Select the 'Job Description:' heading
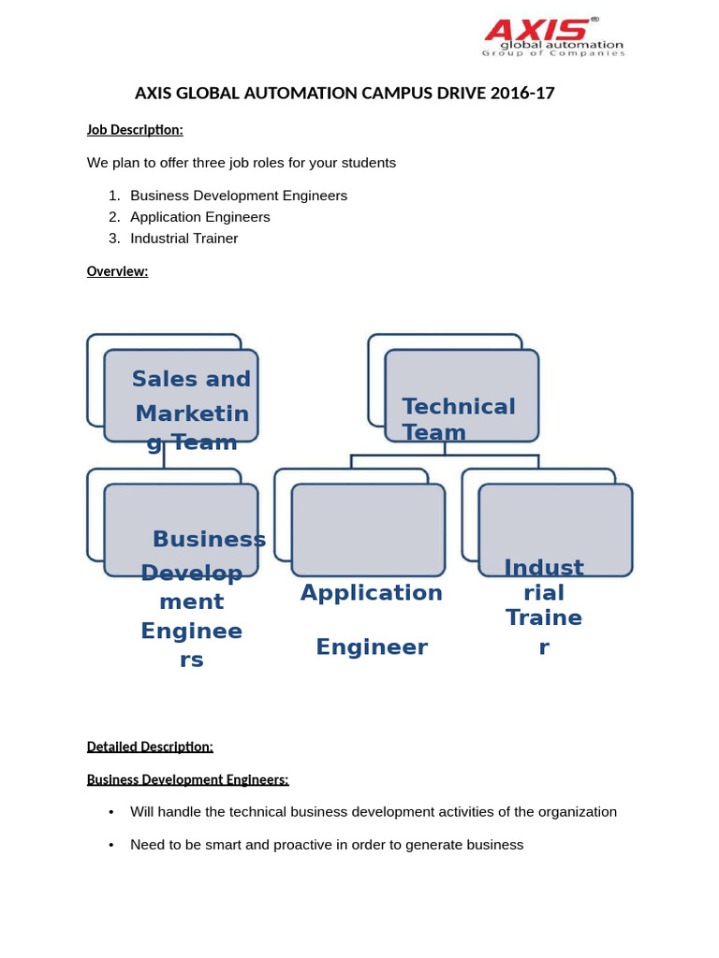tap(135, 129)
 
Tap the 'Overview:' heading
tap(117, 271)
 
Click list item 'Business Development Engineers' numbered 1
tap(239, 196)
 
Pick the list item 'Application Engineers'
tap(200, 217)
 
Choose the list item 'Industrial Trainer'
tap(184, 239)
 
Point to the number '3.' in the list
tap(114, 239)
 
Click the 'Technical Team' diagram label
tap(459, 419)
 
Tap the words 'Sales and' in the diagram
tap(191, 379)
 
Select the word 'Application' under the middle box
tap(372, 593)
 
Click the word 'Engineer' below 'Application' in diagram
tap(372, 647)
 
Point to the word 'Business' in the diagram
tap(209, 539)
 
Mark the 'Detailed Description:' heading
tap(150, 747)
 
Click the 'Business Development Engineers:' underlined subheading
tap(187, 779)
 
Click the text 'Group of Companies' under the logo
tap(553, 53)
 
